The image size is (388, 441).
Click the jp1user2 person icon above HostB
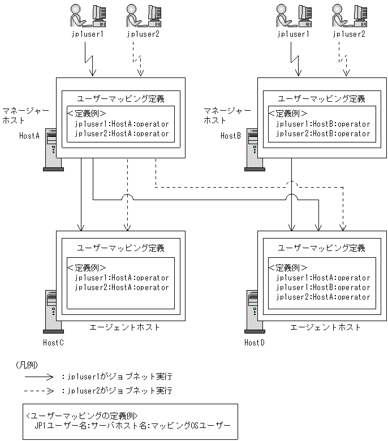tap(347, 16)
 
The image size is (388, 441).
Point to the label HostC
tap(53, 343)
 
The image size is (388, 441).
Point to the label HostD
tap(255, 343)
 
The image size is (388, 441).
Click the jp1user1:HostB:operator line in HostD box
tap(323, 287)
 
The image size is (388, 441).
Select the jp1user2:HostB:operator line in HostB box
tap(323, 134)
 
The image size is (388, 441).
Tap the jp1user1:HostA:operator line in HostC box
tap(122, 278)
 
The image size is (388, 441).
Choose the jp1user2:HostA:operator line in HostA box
tap(122, 134)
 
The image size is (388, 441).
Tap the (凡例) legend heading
tap(27, 365)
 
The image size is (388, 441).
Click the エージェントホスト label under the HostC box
tap(124, 327)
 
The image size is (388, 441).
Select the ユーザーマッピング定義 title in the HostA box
tap(120, 98)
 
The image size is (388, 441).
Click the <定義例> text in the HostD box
tap(288, 267)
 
